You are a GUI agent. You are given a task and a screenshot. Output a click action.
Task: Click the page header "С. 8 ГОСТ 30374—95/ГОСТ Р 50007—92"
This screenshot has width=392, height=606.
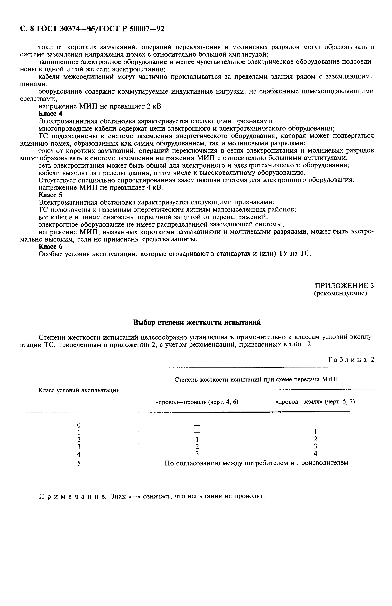tap(92, 29)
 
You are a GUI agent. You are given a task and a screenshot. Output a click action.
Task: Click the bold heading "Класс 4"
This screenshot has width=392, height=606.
tap(50, 113)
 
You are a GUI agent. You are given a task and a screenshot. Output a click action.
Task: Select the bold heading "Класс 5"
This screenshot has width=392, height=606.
tap(50, 195)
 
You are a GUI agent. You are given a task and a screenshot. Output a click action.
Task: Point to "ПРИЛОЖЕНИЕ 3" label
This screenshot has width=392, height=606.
tap(344, 285)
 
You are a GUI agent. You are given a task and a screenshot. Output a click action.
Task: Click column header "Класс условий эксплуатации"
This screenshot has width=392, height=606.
tap(79, 390)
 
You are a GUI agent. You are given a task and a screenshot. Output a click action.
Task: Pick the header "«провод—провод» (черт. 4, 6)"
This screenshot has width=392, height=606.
tap(197, 402)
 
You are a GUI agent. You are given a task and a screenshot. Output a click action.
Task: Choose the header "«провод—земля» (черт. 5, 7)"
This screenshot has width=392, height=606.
tap(315, 401)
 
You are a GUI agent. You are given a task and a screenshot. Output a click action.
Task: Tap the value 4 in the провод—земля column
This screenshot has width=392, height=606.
tap(315, 454)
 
